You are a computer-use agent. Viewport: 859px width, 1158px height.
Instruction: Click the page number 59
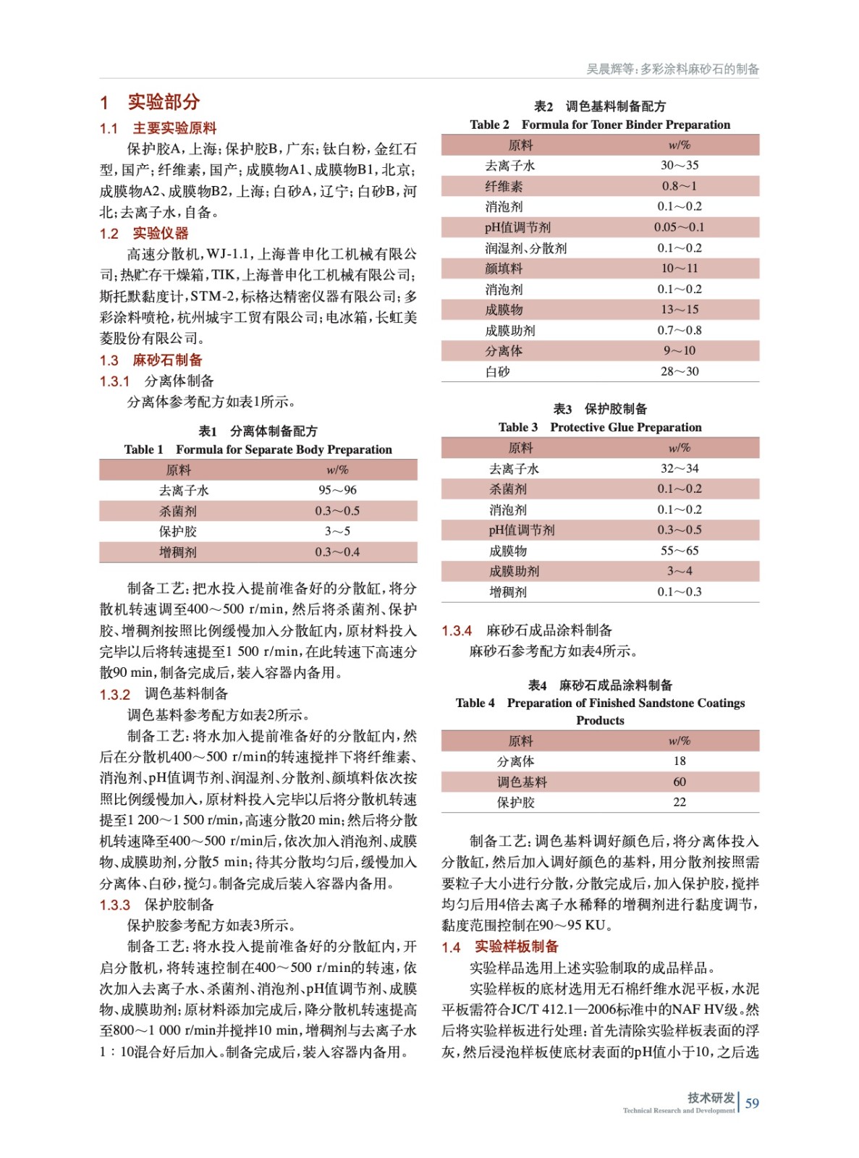752,1103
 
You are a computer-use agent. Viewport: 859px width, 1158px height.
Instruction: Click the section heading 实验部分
164,102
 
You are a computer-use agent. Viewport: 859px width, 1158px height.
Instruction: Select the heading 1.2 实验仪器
144,233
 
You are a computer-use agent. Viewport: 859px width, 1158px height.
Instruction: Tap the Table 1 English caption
258,449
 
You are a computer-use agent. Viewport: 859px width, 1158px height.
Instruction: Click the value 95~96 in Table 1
337,490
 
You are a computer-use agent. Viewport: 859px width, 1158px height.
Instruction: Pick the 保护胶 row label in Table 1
178,531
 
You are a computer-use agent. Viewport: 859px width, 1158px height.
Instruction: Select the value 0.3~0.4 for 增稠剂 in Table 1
337,552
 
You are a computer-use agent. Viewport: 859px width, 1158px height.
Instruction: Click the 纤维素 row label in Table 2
504,186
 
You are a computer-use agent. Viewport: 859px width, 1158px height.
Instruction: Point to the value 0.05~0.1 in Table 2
679,227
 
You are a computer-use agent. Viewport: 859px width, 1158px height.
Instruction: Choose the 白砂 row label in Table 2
497,372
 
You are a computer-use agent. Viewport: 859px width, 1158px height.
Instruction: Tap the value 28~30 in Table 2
680,372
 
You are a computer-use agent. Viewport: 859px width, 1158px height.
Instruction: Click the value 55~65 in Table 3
680,551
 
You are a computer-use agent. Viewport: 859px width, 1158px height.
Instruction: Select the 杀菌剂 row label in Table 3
508,489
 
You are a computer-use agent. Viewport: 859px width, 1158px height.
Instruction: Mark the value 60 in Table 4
680,782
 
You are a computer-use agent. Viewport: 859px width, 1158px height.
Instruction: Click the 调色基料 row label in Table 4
522,782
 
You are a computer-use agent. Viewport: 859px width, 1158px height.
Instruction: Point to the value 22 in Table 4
680,802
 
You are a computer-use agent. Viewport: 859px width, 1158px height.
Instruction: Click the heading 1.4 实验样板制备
500,947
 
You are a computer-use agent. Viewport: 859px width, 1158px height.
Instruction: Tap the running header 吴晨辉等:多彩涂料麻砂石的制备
672,69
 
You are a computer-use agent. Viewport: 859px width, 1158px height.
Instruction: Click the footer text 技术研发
711,1097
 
